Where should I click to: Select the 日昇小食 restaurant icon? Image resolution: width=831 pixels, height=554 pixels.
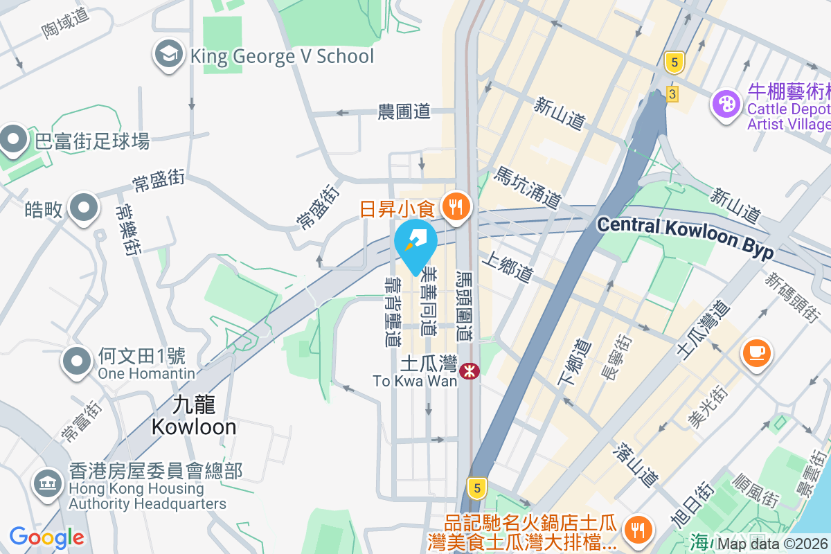point(456,207)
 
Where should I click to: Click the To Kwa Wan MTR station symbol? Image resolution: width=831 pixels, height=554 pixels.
point(470,371)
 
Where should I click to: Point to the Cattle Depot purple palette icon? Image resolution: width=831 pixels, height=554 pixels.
point(726,105)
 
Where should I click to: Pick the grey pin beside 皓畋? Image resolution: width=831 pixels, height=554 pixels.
point(84,207)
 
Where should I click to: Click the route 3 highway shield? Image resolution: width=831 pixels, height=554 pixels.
point(672,93)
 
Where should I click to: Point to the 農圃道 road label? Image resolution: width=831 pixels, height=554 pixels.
point(404,111)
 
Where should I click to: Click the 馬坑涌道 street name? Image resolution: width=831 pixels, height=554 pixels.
point(526,188)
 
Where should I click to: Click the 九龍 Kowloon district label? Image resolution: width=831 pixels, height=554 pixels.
point(194,415)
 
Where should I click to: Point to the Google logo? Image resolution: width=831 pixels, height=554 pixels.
point(46,537)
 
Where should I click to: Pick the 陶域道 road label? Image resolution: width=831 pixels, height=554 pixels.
point(66,21)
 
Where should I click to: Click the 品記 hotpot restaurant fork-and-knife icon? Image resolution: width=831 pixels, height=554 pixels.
point(636,530)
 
